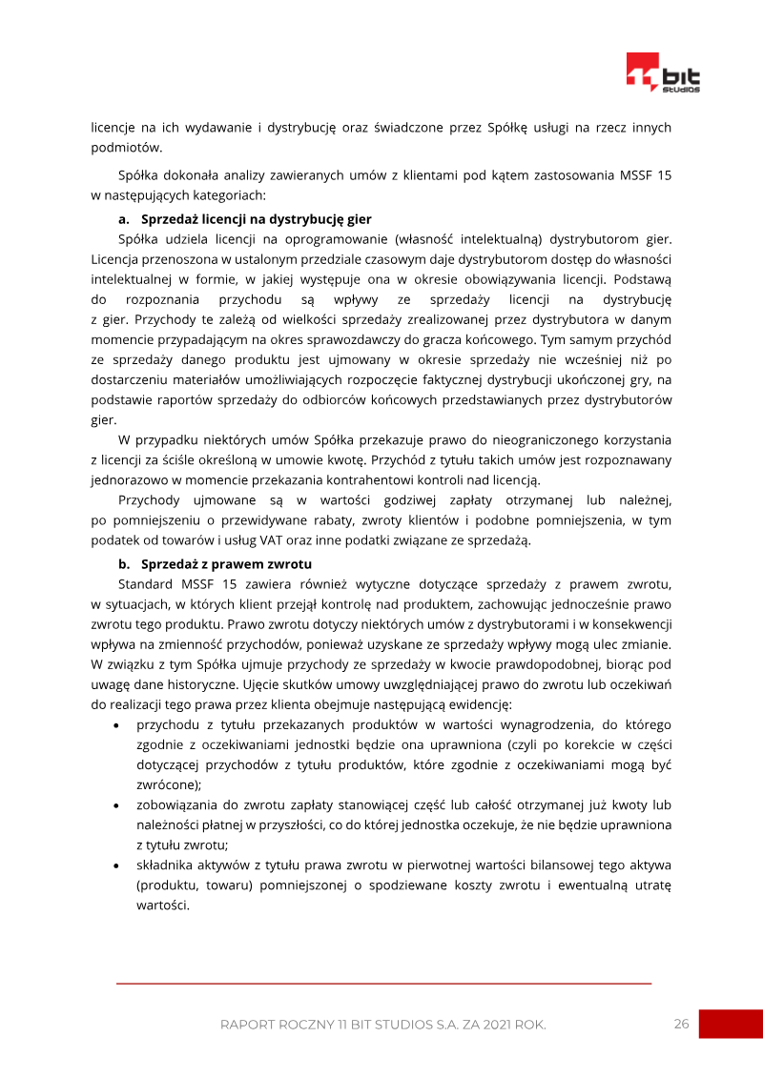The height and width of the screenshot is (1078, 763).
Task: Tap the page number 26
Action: (x=681, y=1024)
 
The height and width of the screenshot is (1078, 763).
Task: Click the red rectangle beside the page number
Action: (x=731, y=1024)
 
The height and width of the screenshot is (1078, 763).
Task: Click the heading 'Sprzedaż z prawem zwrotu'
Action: (x=213, y=563)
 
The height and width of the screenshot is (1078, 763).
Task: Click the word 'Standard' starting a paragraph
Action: (x=144, y=582)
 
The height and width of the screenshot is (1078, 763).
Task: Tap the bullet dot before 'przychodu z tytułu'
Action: (x=116, y=726)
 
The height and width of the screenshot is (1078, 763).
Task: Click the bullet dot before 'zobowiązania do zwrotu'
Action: (x=116, y=806)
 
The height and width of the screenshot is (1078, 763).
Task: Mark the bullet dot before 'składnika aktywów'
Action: (x=116, y=865)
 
